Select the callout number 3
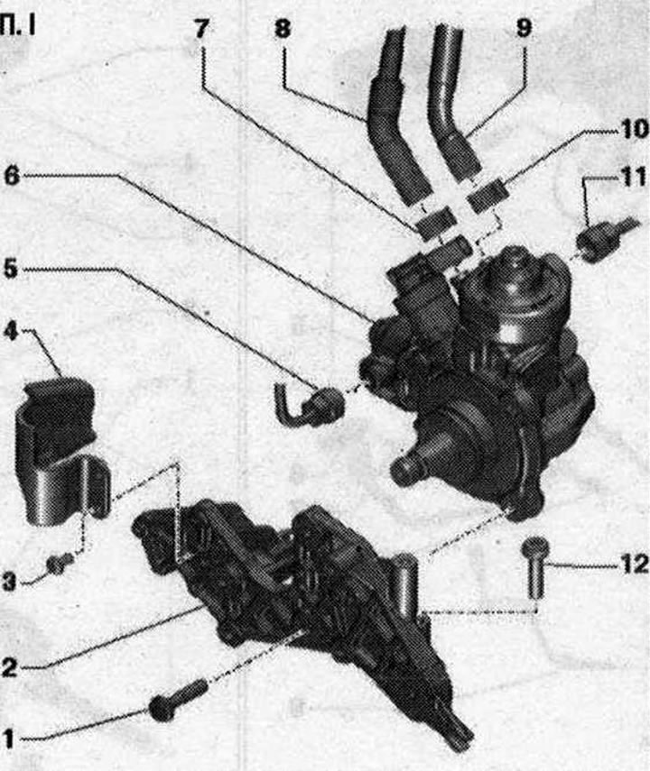pos(9,583)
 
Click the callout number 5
pos(10,270)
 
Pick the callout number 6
pos(12,176)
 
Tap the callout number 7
pos(201,29)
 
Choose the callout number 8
pos(283,29)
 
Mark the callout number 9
pos(525,28)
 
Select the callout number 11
pos(634,177)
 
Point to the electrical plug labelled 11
pos(607,240)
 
